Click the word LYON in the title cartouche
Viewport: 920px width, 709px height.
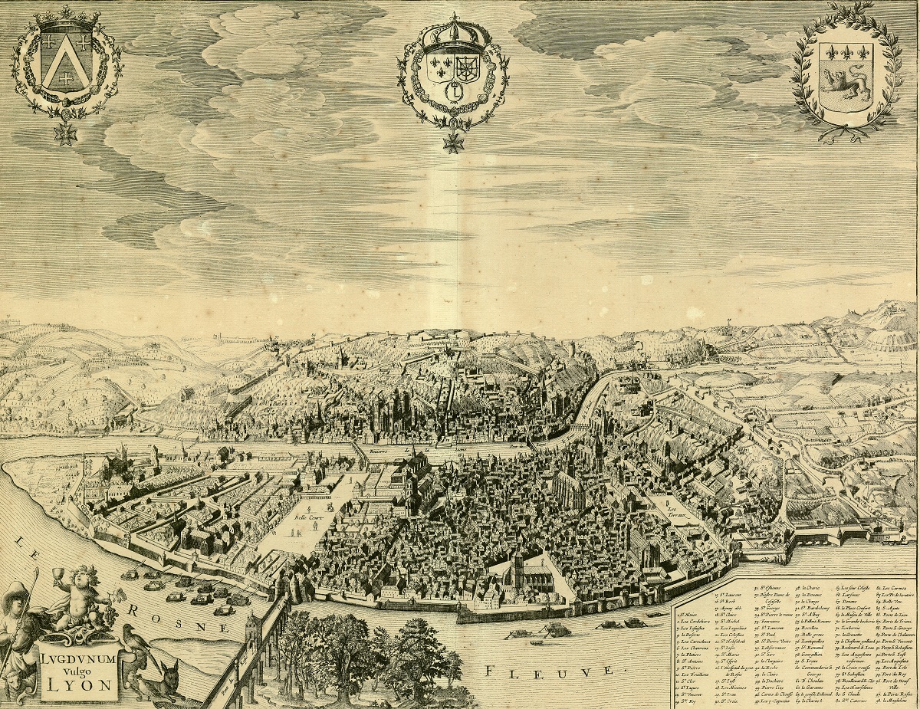[79, 684]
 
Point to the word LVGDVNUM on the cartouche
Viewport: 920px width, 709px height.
[79, 656]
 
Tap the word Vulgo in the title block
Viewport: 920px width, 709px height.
[79, 669]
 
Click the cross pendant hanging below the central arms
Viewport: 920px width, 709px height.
[453, 141]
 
